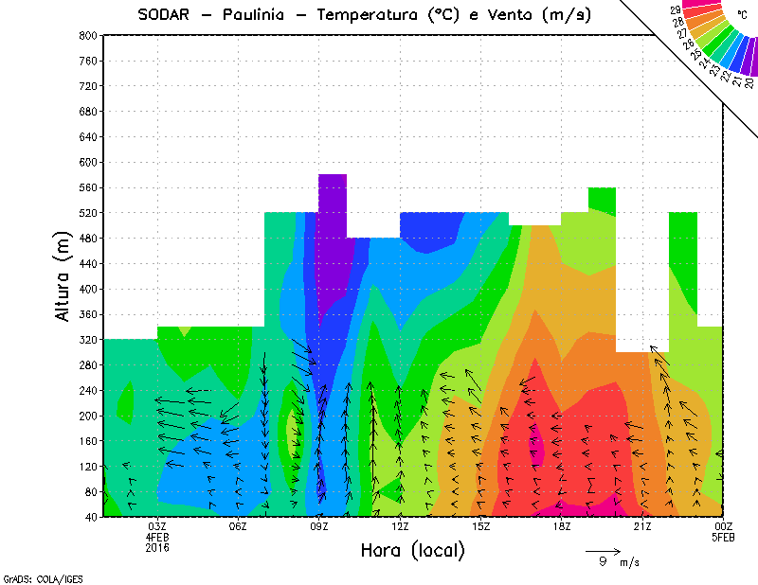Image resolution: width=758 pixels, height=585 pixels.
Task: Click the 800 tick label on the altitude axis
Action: [87, 35]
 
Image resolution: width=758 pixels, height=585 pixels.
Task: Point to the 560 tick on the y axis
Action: [87, 187]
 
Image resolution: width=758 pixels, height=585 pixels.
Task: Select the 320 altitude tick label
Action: [87, 340]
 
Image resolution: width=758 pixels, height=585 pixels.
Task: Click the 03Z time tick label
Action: [157, 526]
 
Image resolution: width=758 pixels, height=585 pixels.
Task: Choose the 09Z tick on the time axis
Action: [319, 526]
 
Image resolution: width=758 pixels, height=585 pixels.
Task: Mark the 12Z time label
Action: [400, 526]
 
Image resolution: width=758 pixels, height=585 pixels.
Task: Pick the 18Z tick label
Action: [562, 526]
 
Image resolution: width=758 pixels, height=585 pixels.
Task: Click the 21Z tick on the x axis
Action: [642, 526]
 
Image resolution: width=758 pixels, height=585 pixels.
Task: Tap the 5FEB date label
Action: [723, 537]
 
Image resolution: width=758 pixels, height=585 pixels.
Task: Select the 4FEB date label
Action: [157, 537]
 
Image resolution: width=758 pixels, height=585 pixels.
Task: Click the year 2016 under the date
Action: [157, 547]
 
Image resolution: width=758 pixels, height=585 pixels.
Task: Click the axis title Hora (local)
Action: [411, 550]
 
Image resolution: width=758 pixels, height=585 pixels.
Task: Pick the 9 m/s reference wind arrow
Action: [603, 550]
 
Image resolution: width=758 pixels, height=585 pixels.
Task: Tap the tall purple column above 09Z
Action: [333, 246]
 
